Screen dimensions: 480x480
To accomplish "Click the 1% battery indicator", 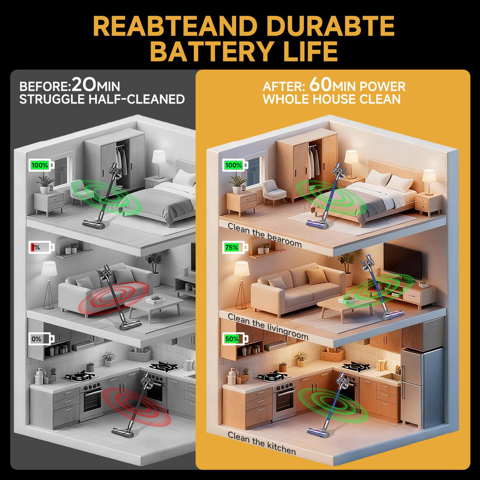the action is [x=41, y=247].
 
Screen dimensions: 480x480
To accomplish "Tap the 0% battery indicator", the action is [x=41, y=339].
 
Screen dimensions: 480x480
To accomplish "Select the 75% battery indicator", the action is [x=235, y=247].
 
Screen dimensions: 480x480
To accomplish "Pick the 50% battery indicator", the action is [x=235, y=339].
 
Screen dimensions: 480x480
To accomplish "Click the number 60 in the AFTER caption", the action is [x=320, y=85].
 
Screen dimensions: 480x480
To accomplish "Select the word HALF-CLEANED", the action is [x=137, y=99].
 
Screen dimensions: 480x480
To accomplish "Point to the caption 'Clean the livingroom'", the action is [x=268, y=326].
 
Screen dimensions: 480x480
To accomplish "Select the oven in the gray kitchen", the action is [x=92, y=399].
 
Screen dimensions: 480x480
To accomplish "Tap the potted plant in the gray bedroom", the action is [x=45, y=184].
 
